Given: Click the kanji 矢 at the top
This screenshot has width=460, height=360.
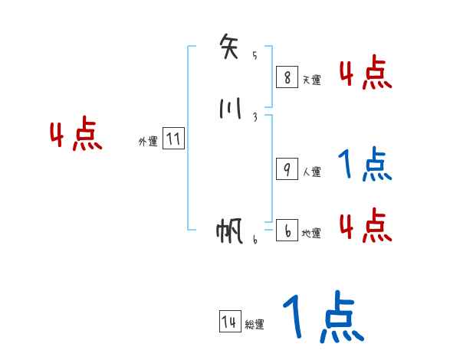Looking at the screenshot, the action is coord(231,47).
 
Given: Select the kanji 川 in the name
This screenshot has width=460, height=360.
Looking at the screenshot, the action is coord(230,110).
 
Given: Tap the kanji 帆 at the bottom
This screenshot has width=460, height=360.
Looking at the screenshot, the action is coord(231,231).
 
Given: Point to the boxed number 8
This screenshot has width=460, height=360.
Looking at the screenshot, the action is coord(287,77).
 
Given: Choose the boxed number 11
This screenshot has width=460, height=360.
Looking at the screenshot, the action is coord(173,139).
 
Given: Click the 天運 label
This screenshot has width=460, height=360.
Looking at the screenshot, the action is coord(311,80).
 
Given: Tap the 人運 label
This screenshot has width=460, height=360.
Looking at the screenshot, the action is coord(311,172).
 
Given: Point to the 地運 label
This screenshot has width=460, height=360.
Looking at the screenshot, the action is coord(311,234).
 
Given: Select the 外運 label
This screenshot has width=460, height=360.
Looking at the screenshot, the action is coord(148,142).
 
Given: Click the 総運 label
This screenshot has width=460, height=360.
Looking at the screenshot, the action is coord(255,325).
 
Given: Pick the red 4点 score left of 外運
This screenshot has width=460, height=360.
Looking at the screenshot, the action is coord(76,136).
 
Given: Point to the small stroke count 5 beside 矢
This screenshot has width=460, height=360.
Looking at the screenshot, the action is coord(255,55).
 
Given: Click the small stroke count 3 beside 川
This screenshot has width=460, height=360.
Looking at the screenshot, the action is coord(255,117).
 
